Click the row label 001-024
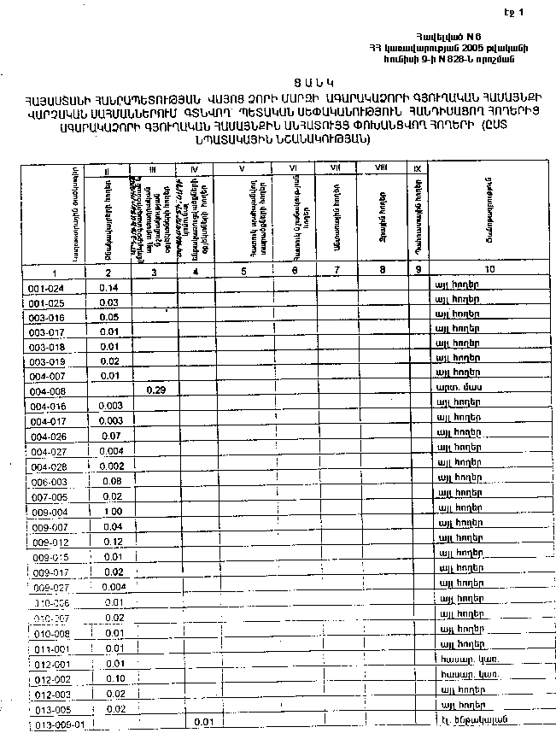(42, 288)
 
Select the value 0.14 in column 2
(108, 288)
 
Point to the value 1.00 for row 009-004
(112, 511)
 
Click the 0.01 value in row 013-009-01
(202, 722)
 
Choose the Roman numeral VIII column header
(381, 169)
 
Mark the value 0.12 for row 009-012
(113, 542)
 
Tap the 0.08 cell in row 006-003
(110, 481)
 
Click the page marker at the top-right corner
(513, 12)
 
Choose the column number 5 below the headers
(244, 270)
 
